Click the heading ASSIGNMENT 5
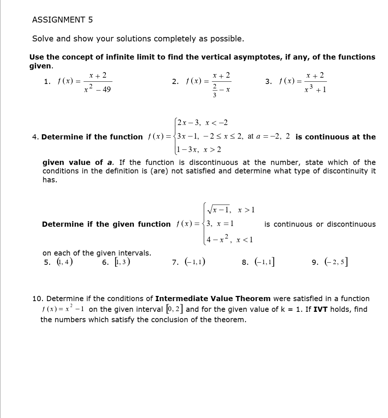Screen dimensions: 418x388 62,20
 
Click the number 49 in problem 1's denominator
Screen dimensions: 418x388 106,90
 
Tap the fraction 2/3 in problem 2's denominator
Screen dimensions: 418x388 214,90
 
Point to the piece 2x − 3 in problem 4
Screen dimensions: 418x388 189,123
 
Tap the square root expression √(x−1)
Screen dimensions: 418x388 219,210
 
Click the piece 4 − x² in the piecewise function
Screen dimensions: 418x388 219,239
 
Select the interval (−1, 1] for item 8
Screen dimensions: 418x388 263,262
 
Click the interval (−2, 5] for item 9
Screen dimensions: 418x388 335,262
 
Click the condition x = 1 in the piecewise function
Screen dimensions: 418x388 225,224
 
